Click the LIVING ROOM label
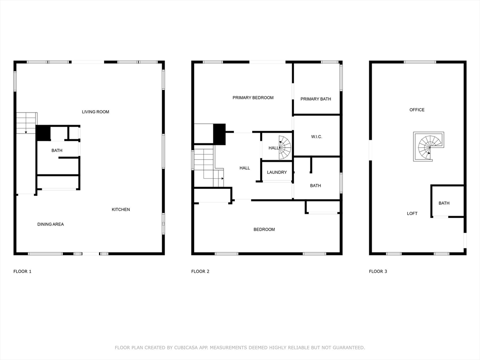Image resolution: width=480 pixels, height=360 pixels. (x=96, y=112)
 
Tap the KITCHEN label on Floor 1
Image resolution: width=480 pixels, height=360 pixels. (x=120, y=210)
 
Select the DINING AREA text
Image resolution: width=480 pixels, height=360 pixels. (x=51, y=225)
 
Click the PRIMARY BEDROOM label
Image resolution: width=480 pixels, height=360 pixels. (x=253, y=97)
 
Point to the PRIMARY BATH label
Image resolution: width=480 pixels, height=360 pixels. (x=316, y=99)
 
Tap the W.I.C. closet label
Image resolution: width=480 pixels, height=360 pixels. (x=316, y=137)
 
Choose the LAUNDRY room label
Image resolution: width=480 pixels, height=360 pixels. (x=277, y=172)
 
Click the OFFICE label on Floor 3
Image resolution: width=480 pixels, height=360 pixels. (x=417, y=110)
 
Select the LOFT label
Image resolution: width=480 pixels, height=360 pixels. (x=412, y=214)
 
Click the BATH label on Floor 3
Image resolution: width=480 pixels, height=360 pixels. (x=444, y=203)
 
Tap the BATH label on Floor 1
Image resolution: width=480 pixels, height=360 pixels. (x=57, y=150)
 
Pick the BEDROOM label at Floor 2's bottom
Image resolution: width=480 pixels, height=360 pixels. (x=264, y=230)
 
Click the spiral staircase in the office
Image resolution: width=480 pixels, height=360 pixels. (x=429, y=146)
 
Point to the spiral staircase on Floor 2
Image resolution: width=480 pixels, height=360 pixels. (x=285, y=147)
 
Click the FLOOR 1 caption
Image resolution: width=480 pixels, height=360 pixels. (x=22, y=271)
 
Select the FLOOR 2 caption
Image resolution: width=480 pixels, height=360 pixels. (x=200, y=271)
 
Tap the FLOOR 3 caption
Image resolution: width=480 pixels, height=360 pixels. (x=378, y=271)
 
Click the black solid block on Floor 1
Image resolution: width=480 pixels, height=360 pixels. (x=43, y=133)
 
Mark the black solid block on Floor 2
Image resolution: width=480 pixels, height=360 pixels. (x=219, y=134)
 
